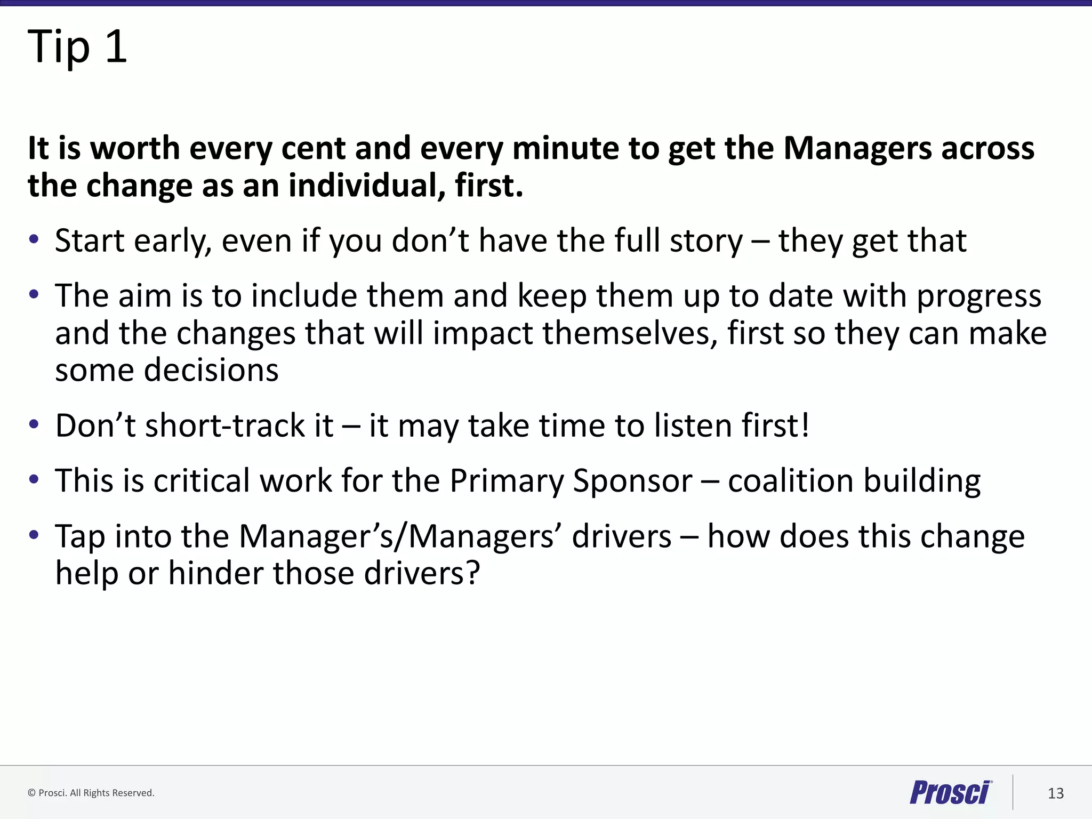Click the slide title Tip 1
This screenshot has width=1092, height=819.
point(77,47)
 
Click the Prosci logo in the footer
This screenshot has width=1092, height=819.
point(950,792)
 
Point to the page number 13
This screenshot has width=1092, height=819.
point(1055,793)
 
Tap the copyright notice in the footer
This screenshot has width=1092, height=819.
point(91,793)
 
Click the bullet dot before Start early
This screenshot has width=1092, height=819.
point(34,239)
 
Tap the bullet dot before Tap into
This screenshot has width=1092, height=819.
point(34,535)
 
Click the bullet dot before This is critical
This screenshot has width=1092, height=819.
point(34,479)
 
